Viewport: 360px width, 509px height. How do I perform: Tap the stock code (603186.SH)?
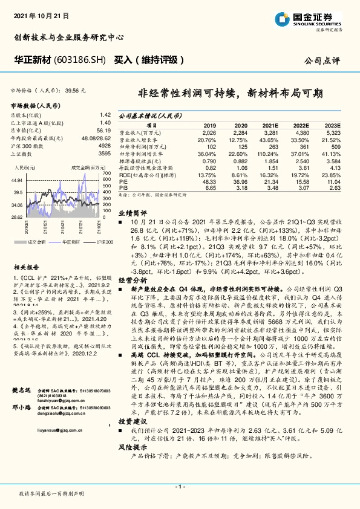(78, 60)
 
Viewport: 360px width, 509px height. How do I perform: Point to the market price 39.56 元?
(75, 89)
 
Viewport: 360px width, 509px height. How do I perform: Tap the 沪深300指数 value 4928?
(105, 146)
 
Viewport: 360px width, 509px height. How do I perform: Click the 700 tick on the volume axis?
(107, 173)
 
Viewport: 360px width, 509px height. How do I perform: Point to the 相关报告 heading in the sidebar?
(26, 266)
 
